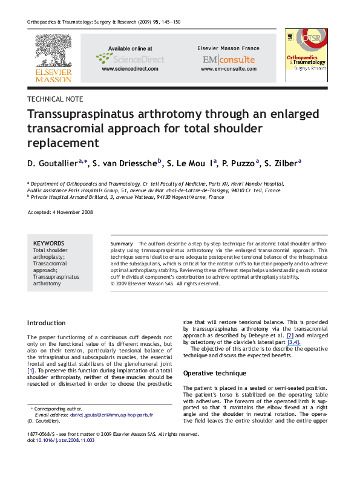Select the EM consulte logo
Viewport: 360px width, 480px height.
pos(228,59)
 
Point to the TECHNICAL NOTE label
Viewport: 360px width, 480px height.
pos(56,99)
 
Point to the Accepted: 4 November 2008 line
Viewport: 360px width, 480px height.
pos(60,213)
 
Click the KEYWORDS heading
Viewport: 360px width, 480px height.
pos(49,243)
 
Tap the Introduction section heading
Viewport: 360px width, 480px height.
pos(47,323)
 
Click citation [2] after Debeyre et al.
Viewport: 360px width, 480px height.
pos(291,334)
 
